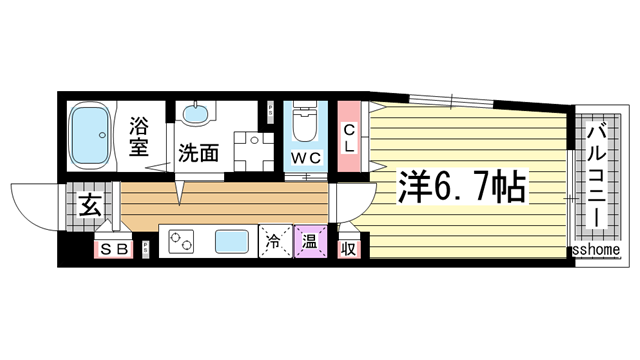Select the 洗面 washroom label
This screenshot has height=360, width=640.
(x=198, y=154)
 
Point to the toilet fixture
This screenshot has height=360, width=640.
(x=304, y=126)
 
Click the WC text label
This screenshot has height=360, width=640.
(x=305, y=159)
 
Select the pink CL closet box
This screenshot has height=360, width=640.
(x=349, y=137)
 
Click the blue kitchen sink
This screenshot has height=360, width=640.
(x=231, y=242)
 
